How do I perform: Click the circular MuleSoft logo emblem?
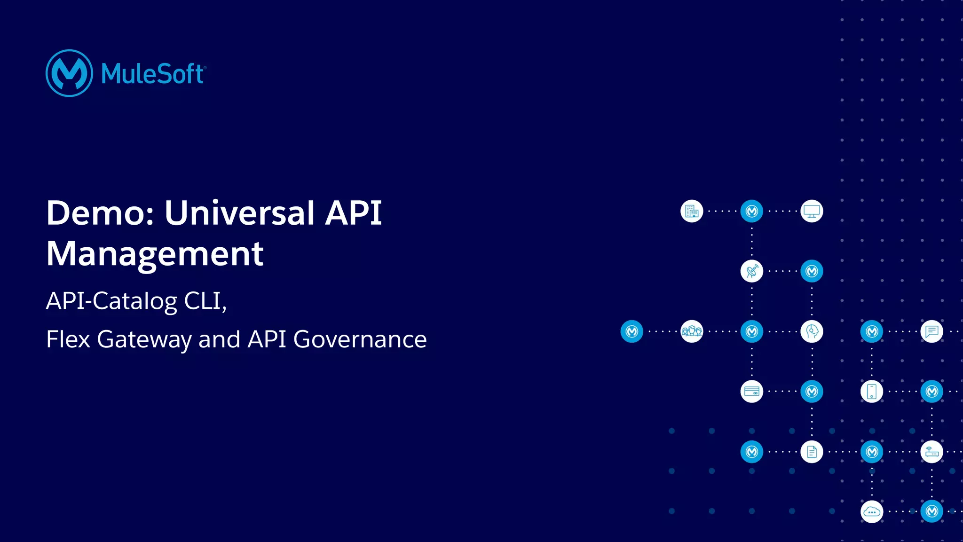point(69,73)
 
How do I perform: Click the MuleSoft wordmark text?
point(153,74)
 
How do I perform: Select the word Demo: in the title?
point(101,213)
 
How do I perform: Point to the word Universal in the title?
point(239,213)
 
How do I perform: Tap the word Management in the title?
point(155,254)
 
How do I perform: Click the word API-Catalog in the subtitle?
point(111,301)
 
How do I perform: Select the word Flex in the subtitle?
point(68,339)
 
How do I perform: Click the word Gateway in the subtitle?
point(144,340)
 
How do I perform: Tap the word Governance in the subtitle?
point(360,339)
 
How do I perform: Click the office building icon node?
point(692,211)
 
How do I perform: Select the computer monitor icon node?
point(812,211)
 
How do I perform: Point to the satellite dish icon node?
point(752,271)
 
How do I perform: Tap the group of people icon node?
point(692,331)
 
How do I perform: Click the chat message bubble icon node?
point(931,331)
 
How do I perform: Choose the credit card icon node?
point(752,392)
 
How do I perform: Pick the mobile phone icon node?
point(872,392)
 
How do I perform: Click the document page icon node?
point(812,452)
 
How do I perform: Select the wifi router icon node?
point(931,452)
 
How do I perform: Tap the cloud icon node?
point(872,511)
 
